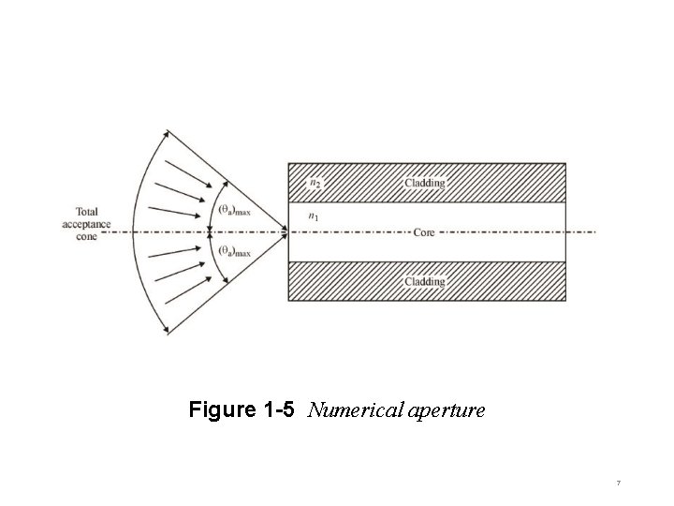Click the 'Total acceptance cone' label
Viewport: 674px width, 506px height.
click(x=86, y=225)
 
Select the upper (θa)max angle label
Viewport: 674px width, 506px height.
click(x=234, y=210)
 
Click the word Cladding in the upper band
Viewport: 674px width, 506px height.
click(x=424, y=183)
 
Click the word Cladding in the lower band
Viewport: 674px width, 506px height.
click(x=424, y=281)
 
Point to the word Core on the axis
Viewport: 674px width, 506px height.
click(x=424, y=231)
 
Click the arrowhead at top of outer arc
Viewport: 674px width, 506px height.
click(x=167, y=132)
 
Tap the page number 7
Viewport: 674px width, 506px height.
click(x=619, y=483)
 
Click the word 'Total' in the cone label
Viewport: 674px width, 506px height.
click(x=87, y=212)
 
